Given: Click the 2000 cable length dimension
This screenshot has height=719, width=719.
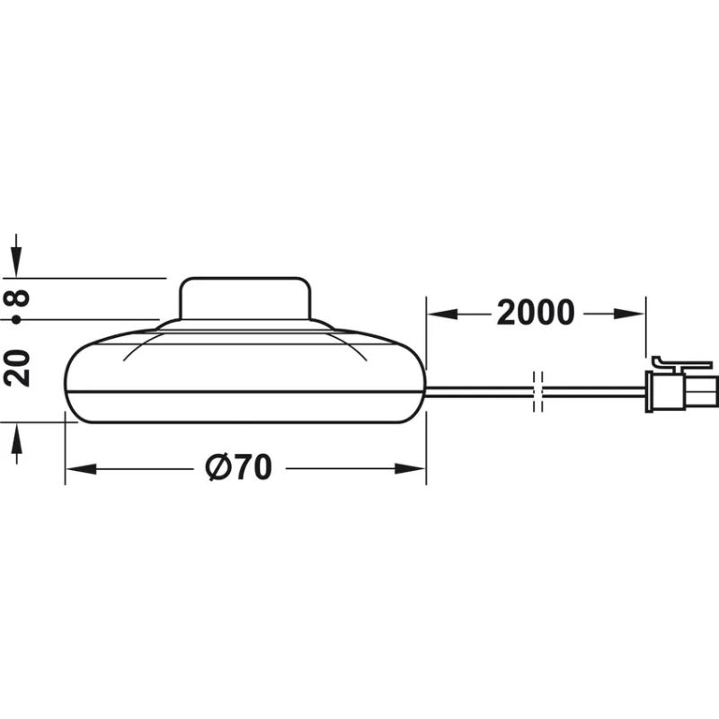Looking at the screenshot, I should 535,313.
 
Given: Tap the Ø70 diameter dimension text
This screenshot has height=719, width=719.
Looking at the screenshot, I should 238,467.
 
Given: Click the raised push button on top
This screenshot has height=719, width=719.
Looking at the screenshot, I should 245,298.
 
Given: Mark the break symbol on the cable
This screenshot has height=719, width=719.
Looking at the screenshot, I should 538,390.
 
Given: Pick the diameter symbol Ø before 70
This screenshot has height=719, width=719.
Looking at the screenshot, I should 216,467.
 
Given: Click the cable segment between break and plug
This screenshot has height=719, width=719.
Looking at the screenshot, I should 593,390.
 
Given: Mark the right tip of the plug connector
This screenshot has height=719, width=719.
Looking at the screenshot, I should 715,389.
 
